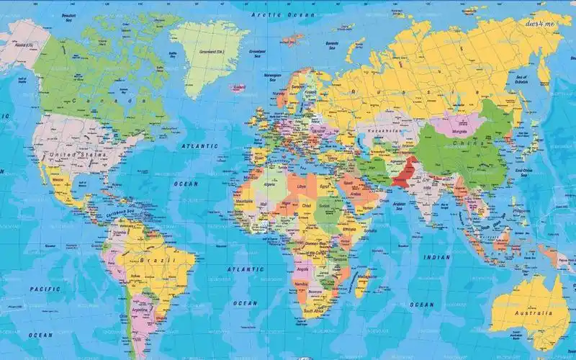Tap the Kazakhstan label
point(382,131)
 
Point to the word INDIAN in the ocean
point(437,257)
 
